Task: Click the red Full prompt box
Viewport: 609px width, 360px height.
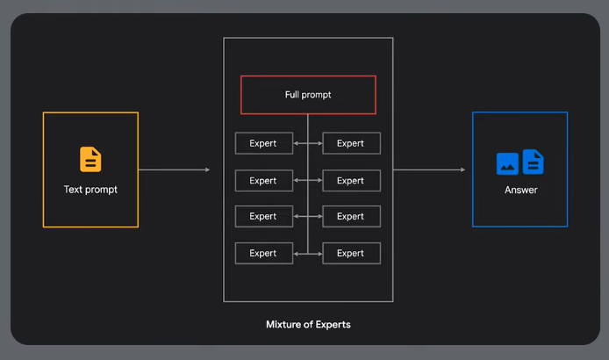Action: coord(308,95)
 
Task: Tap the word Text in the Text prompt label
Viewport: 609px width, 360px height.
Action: coord(73,190)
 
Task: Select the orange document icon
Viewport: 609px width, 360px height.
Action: coord(90,160)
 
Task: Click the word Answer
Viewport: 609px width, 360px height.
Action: coord(520,190)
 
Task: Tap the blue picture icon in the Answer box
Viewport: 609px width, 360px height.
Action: coord(507,164)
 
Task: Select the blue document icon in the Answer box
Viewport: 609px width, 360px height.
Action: coord(533,162)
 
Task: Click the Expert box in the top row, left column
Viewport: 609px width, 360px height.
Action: coord(263,143)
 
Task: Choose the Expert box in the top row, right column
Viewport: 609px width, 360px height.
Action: coord(351,143)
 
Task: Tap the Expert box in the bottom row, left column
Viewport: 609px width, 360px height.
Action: coord(263,253)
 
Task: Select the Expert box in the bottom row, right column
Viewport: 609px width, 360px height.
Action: coord(351,253)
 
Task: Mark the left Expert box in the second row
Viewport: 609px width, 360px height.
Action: coord(263,180)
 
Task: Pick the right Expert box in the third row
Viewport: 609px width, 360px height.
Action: coord(351,216)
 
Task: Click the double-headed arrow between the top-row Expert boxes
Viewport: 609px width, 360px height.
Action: coord(308,143)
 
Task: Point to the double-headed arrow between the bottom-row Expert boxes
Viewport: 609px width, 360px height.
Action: coord(308,253)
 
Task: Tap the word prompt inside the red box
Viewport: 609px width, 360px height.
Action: coord(317,95)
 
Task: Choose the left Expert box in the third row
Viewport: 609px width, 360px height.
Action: coord(263,216)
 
